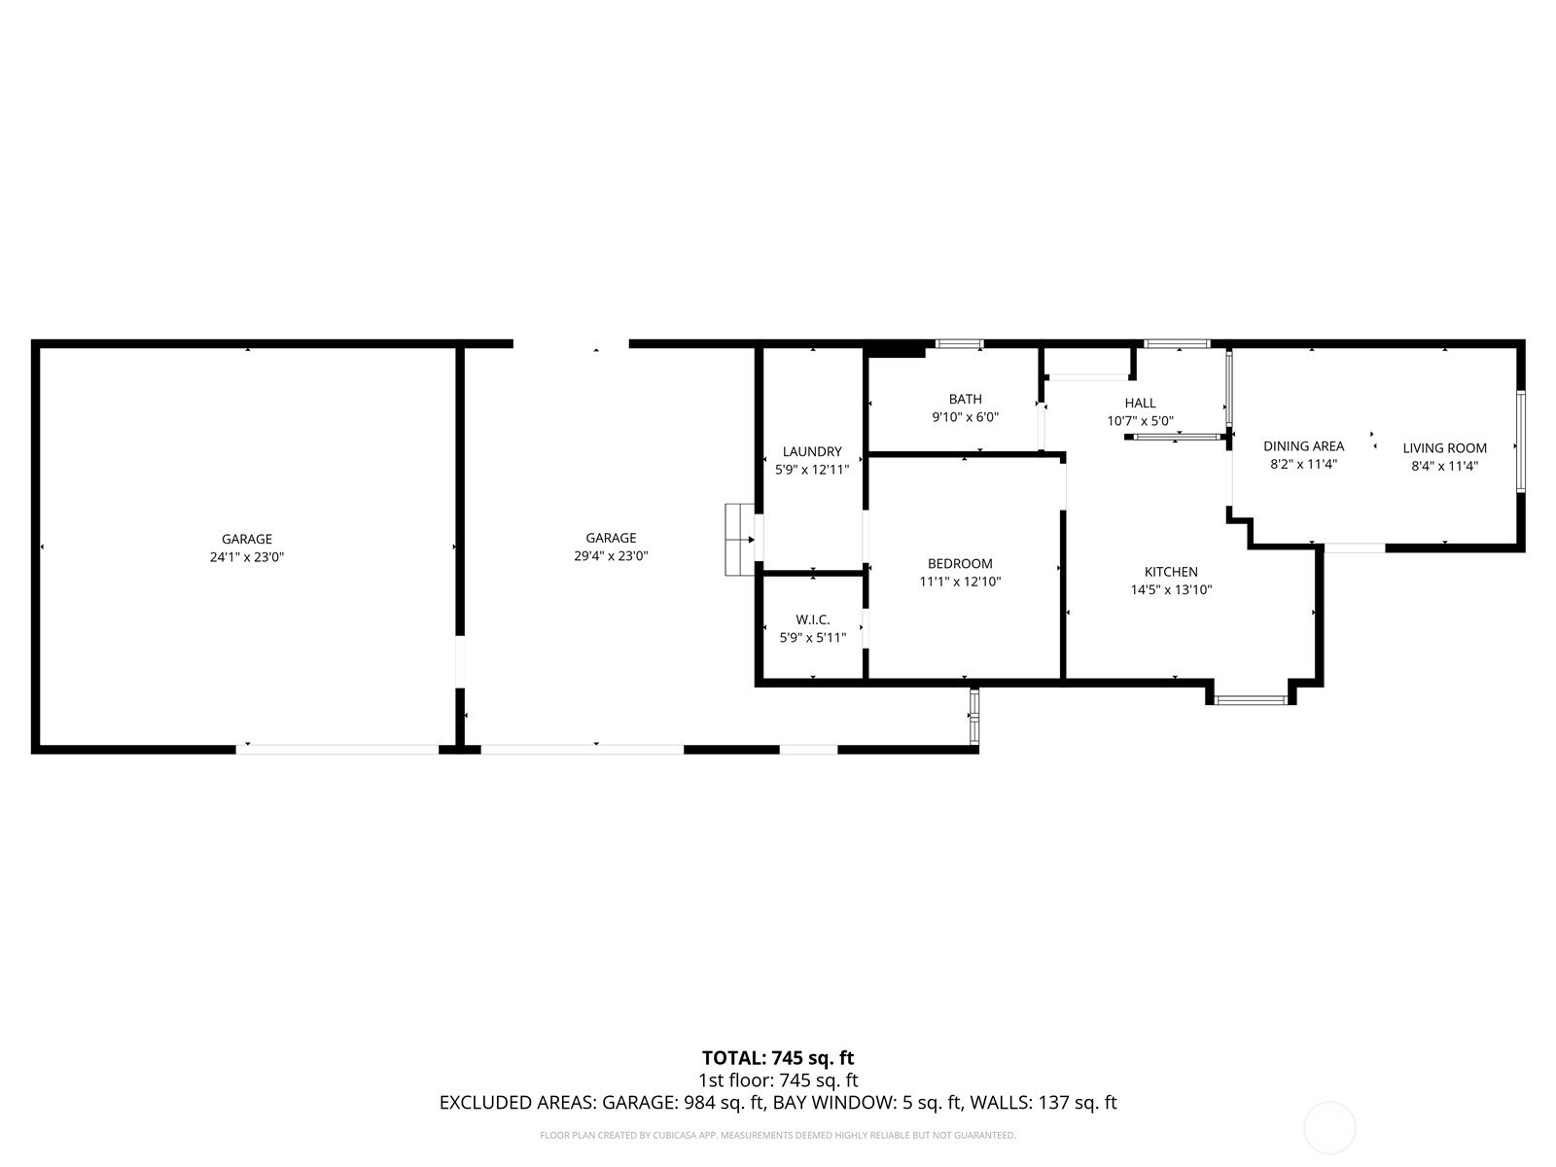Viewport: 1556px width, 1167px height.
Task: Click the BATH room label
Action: (965, 399)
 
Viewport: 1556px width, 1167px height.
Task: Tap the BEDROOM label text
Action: (960, 563)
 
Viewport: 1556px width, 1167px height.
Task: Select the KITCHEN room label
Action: (1171, 572)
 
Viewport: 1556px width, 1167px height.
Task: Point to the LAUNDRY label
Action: (812, 451)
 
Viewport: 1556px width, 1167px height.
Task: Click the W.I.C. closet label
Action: (812, 619)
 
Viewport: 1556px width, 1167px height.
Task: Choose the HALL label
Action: (1140, 403)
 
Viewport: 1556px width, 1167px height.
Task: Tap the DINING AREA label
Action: (1303, 445)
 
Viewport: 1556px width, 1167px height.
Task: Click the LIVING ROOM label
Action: (1444, 447)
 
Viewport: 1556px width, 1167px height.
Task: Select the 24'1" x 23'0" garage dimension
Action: (247, 557)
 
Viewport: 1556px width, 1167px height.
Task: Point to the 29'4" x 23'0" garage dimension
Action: (611, 556)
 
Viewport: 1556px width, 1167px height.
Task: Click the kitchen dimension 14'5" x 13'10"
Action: (1171, 589)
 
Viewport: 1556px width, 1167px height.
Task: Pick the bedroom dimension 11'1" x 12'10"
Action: (960, 582)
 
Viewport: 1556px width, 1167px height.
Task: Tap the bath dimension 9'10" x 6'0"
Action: (965, 417)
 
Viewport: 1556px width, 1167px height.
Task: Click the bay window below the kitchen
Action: (1251, 700)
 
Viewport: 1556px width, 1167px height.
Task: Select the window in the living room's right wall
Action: (1520, 441)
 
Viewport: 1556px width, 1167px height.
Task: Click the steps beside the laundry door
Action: (739, 539)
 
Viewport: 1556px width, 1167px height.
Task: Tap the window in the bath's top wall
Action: (959, 344)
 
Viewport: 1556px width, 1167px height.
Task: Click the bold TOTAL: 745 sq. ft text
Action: (778, 1058)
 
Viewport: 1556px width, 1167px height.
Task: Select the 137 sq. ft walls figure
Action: (1078, 1103)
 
